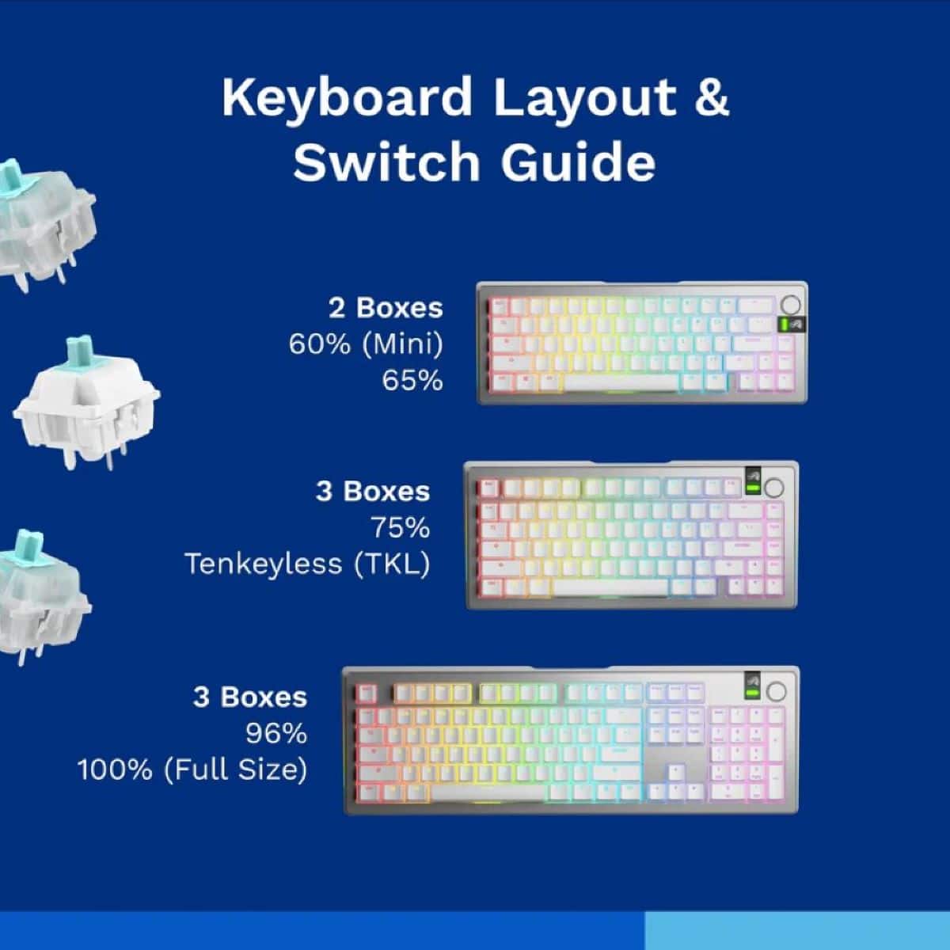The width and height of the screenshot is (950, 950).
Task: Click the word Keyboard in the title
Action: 347,98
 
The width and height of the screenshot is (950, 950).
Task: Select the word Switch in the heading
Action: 386,161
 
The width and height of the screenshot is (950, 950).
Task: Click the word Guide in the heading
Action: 578,161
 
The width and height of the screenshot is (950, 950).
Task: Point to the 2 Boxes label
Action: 386,307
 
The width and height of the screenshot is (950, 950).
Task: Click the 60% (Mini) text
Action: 366,344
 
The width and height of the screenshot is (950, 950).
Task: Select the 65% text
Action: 412,381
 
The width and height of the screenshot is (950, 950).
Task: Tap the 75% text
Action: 400,527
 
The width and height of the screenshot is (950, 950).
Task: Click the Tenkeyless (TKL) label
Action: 307,564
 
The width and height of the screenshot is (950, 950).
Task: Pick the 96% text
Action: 276,734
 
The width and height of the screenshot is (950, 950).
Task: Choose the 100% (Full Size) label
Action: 192,769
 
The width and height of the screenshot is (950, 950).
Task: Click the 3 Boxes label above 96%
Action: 250,697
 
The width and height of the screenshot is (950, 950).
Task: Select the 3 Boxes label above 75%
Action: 373,491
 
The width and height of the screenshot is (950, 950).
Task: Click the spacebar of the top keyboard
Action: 621,382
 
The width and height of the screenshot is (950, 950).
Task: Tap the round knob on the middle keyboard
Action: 774,487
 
